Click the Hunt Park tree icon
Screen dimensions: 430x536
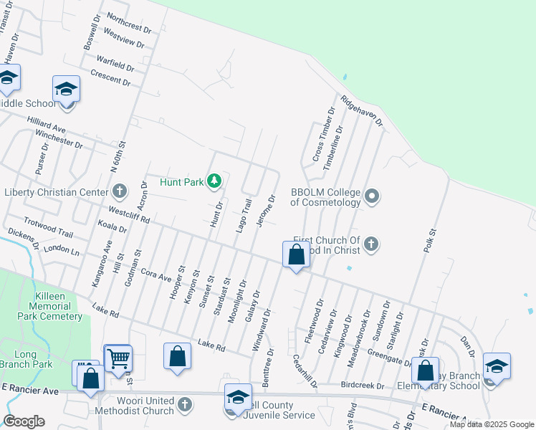(x=214, y=181)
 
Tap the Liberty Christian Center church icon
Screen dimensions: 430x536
(x=119, y=191)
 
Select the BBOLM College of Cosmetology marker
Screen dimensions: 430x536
(x=371, y=196)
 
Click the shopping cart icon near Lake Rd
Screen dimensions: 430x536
(x=118, y=357)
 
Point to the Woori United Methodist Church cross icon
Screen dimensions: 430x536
(x=185, y=404)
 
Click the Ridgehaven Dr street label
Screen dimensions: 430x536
(x=362, y=111)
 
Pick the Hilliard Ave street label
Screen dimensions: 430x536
(x=46, y=126)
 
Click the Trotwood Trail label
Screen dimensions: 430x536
(x=49, y=229)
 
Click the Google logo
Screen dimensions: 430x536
(x=24, y=421)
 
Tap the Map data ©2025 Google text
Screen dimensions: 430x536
(x=491, y=424)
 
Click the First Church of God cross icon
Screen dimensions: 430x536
(x=371, y=244)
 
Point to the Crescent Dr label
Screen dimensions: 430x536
(x=110, y=77)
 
